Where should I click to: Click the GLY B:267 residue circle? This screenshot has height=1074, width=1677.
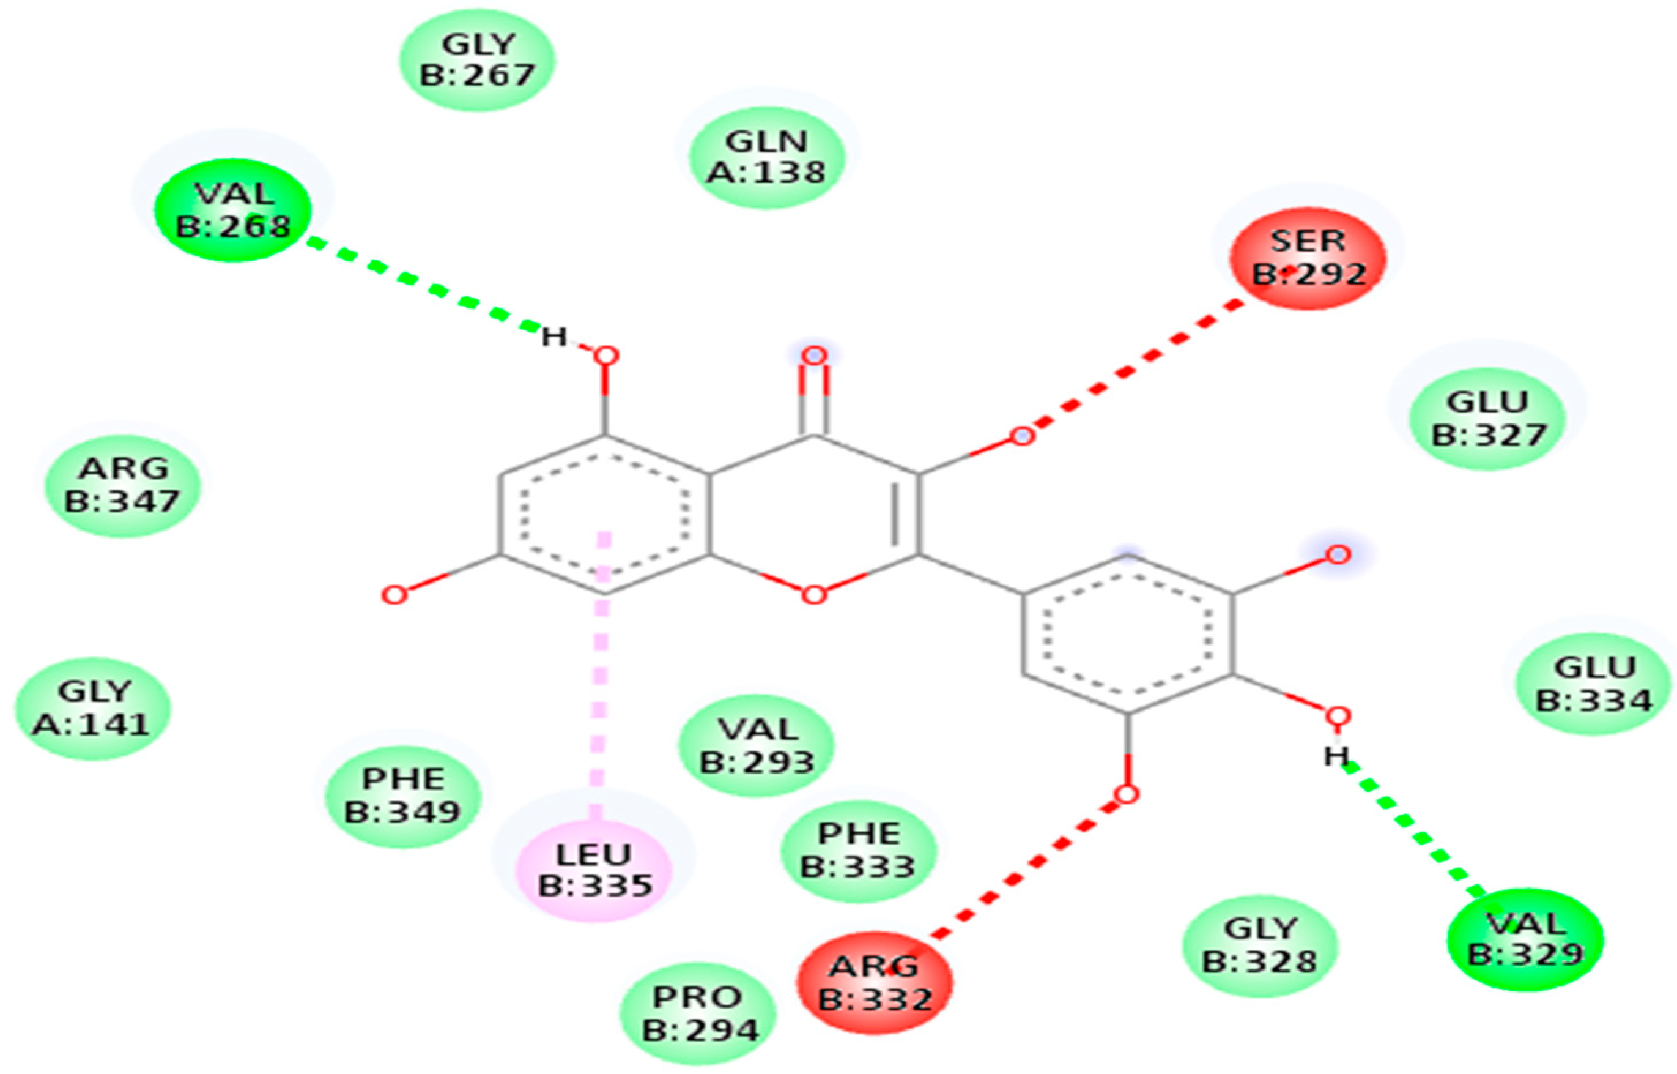(478, 60)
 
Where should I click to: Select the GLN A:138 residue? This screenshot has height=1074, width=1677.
(767, 158)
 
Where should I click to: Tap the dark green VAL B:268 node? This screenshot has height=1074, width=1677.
(233, 211)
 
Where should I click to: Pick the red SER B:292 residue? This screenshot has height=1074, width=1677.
(1308, 258)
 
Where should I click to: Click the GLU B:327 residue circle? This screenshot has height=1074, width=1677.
(1487, 419)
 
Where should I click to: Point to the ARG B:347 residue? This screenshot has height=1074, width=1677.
(123, 485)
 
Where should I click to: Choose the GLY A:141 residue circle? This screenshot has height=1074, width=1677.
(93, 709)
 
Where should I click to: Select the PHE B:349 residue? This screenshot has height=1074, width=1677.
(404, 796)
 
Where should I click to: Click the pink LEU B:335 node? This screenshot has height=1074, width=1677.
(594, 870)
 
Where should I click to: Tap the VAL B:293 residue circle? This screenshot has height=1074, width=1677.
(757, 746)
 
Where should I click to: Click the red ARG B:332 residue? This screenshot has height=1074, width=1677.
(875, 983)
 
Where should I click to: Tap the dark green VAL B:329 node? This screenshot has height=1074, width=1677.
(1526, 939)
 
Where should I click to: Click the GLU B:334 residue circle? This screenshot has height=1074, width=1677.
(1594, 684)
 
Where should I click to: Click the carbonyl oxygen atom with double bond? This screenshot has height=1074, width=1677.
(814, 356)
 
